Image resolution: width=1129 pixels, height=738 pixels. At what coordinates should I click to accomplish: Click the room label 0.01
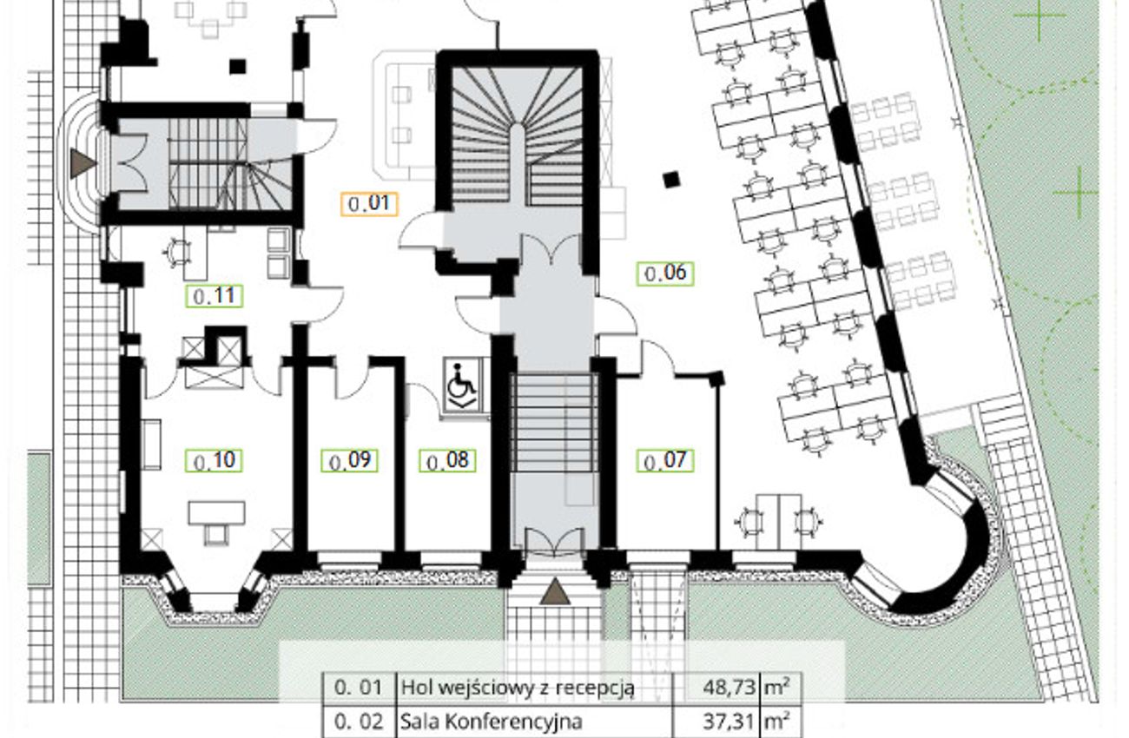tap(369, 204)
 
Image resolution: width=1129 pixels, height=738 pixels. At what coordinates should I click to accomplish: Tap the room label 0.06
tap(665, 273)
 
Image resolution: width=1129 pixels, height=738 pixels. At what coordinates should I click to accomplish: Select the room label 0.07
tap(665, 460)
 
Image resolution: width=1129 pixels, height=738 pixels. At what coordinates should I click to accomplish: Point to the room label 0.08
tap(447, 460)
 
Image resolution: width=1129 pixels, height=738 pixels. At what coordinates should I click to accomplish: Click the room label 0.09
tap(349, 460)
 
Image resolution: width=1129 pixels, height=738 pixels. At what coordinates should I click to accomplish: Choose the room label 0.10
tap(215, 460)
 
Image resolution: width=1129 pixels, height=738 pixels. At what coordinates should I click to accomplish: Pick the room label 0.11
tap(215, 296)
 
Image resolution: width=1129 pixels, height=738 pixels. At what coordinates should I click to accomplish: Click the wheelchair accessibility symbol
tap(462, 385)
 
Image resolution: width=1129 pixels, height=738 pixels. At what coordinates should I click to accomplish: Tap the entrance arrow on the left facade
tap(83, 162)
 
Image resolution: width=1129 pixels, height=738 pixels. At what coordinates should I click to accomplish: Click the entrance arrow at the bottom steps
tap(555, 591)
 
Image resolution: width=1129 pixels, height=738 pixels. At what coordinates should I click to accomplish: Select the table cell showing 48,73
tap(716, 687)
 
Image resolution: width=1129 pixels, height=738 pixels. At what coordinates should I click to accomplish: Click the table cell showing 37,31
tap(716, 722)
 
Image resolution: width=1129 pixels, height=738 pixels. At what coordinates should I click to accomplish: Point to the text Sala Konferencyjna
tap(491, 722)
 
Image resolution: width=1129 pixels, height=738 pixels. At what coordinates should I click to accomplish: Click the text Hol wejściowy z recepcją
tap(517, 688)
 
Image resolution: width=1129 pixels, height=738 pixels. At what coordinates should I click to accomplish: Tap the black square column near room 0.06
tap(670, 180)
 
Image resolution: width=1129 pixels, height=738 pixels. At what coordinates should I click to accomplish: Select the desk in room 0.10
tap(217, 513)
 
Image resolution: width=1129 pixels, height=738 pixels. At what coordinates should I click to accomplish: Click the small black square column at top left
tap(237, 67)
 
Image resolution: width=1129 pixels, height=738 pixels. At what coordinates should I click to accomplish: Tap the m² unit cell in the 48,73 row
tap(780, 687)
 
